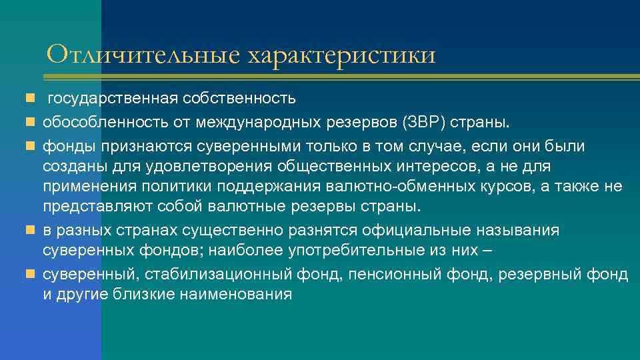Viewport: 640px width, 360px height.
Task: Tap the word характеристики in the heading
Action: point(342,55)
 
